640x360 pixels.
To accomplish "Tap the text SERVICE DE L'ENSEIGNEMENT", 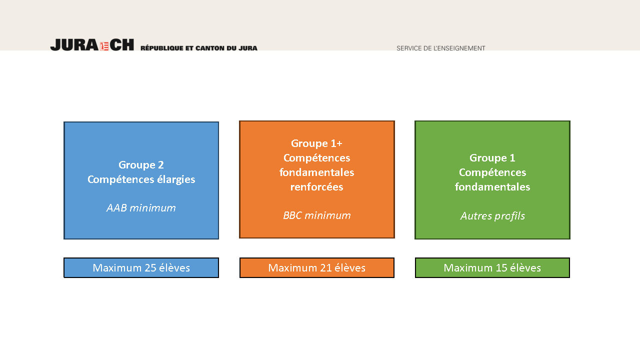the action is [x=441, y=48].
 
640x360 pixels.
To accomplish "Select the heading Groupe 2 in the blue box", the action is [x=141, y=165].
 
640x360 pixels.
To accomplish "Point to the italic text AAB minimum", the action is [x=141, y=207].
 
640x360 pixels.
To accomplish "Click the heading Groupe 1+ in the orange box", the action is [x=316, y=143].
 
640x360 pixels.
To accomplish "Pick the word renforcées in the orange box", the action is [x=316, y=187].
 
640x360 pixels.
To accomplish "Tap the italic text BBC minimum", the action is [x=317, y=215].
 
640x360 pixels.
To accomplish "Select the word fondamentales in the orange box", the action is [x=316, y=172].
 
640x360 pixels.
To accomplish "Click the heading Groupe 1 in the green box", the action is [x=492, y=157].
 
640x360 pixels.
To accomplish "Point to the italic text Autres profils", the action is [x=492, y=215].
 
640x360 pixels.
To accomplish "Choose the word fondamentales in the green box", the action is [x=492, y=187].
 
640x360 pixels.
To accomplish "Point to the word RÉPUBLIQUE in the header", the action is [x=161, y=48].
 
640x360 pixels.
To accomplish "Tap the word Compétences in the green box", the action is [x=492, y=172].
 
